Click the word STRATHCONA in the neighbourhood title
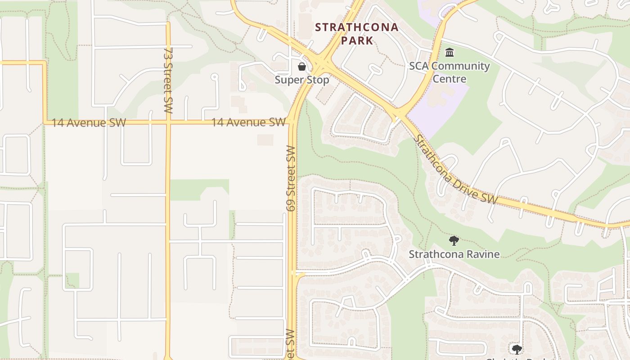coord(356,27)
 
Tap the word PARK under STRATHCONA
coord(357,40)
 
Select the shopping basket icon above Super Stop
coord(301,67)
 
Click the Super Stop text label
coord(302,80)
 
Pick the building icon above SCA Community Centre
coord(449,53)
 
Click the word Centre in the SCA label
coord(449,79)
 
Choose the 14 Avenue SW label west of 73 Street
coord(89,122)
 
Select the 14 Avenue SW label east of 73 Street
coord(248,122)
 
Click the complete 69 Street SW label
coord(291,179)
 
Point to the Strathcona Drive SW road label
coord(455,170)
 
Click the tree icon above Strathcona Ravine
coord(454,241)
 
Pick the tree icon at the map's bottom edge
coord(517,349)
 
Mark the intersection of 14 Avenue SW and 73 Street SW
coord(168,121)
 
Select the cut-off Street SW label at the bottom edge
coord(290,344)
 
